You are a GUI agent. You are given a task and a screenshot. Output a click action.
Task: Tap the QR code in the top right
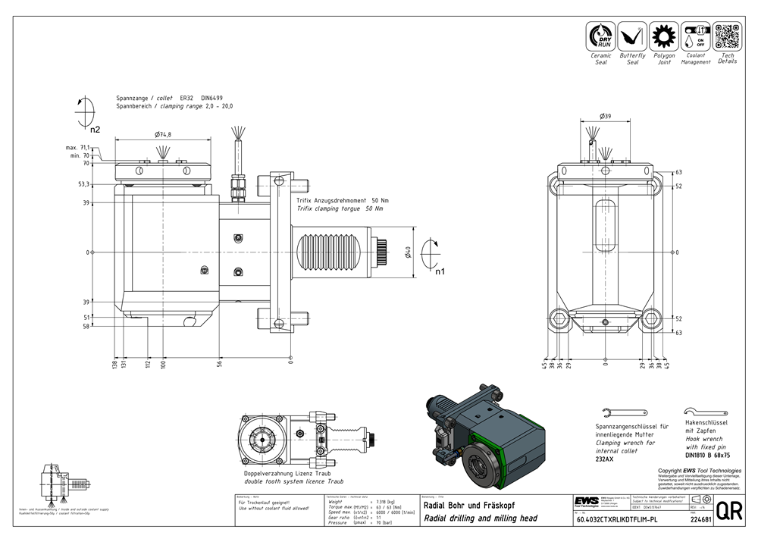727,36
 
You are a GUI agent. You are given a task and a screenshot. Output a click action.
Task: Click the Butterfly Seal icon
632,36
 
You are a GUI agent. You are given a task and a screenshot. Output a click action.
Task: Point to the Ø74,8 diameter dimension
163,134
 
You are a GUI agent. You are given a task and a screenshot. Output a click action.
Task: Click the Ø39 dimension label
605,116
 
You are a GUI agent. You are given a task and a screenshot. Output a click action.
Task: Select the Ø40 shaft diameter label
407,252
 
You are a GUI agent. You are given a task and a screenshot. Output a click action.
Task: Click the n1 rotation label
440,271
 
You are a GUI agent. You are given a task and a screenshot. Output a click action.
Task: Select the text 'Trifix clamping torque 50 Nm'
340,208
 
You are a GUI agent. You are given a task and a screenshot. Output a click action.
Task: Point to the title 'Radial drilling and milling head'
481,519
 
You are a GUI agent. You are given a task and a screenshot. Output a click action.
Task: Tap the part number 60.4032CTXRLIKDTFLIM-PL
612,520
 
